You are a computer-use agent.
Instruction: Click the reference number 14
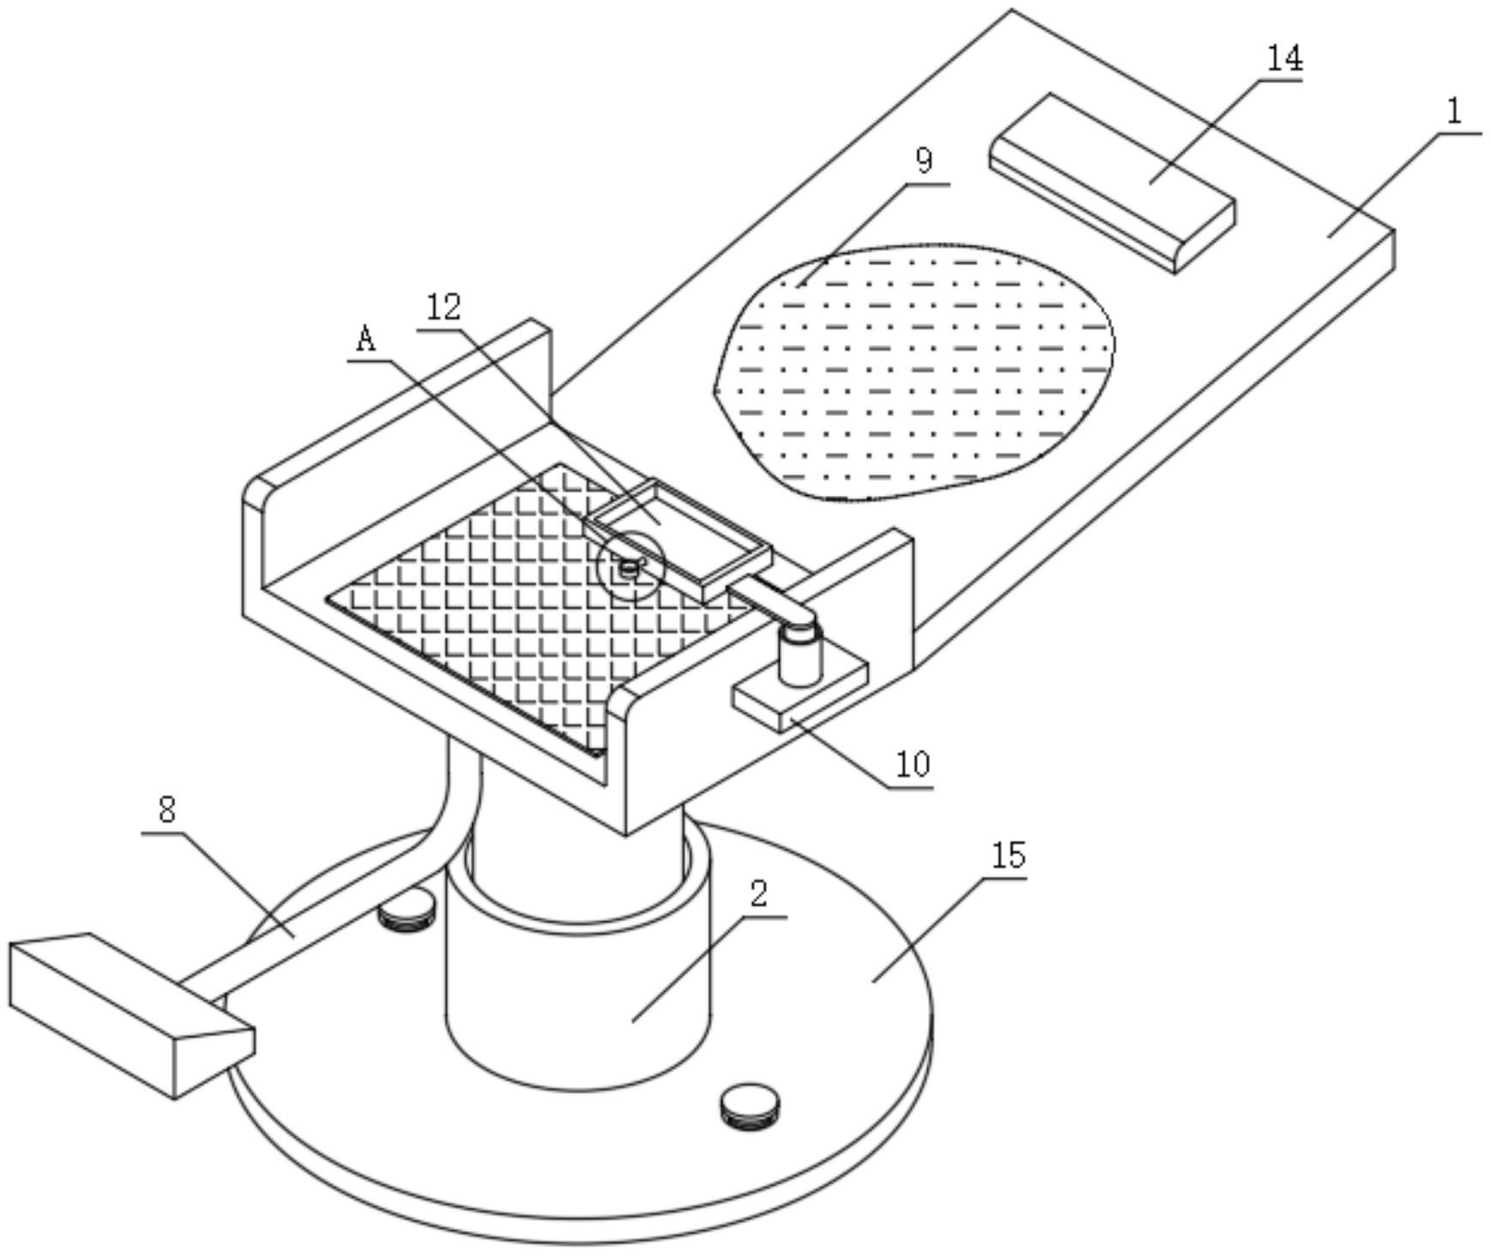pos(1285,58)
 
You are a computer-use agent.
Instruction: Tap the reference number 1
pos(1454,112)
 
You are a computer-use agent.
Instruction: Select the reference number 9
pos(924,160)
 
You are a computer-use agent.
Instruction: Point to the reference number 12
pos(444,308)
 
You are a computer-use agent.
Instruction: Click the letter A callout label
pos(366,340)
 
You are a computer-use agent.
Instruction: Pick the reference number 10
pos(913,763)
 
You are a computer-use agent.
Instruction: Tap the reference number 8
pos(167,809)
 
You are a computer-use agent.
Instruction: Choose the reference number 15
pos(1008,855)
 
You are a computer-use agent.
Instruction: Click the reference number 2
pos(758,894)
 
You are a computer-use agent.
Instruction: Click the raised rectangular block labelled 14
pos(1113,183)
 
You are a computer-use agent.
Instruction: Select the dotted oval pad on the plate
pos(915,371)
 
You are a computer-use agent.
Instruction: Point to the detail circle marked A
pos(631,566)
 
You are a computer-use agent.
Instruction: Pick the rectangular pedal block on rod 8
pos(131,1015)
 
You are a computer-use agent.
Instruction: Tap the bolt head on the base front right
pos(752,1107)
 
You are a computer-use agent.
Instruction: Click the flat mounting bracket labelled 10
pos(800,696)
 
